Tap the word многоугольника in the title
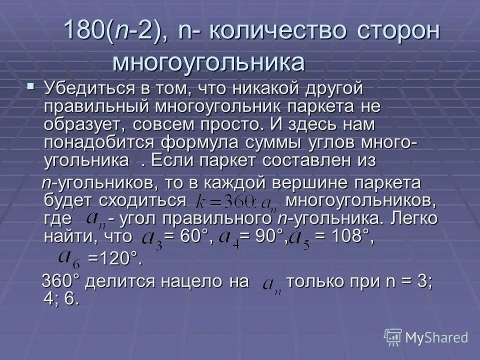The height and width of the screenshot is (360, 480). [208, 63]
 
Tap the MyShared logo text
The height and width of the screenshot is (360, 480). [437, 337]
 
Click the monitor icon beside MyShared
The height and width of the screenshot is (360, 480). [393, 337]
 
